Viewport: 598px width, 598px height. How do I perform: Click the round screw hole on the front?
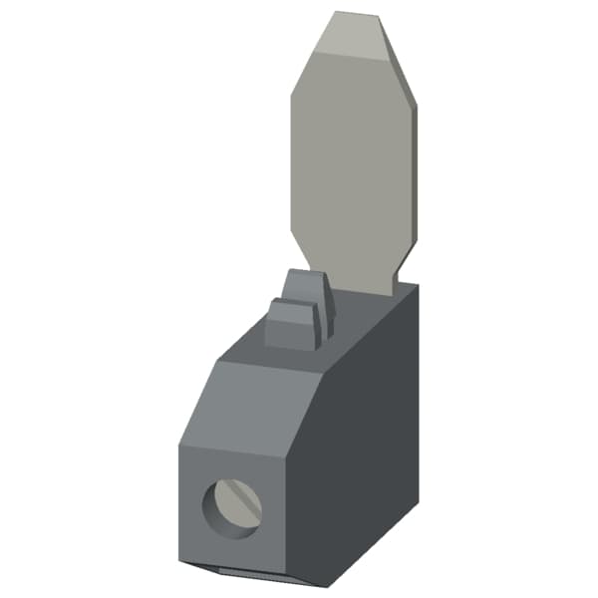[x=231, y=508]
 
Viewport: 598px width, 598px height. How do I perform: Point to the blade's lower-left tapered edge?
[x=298, y=239]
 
